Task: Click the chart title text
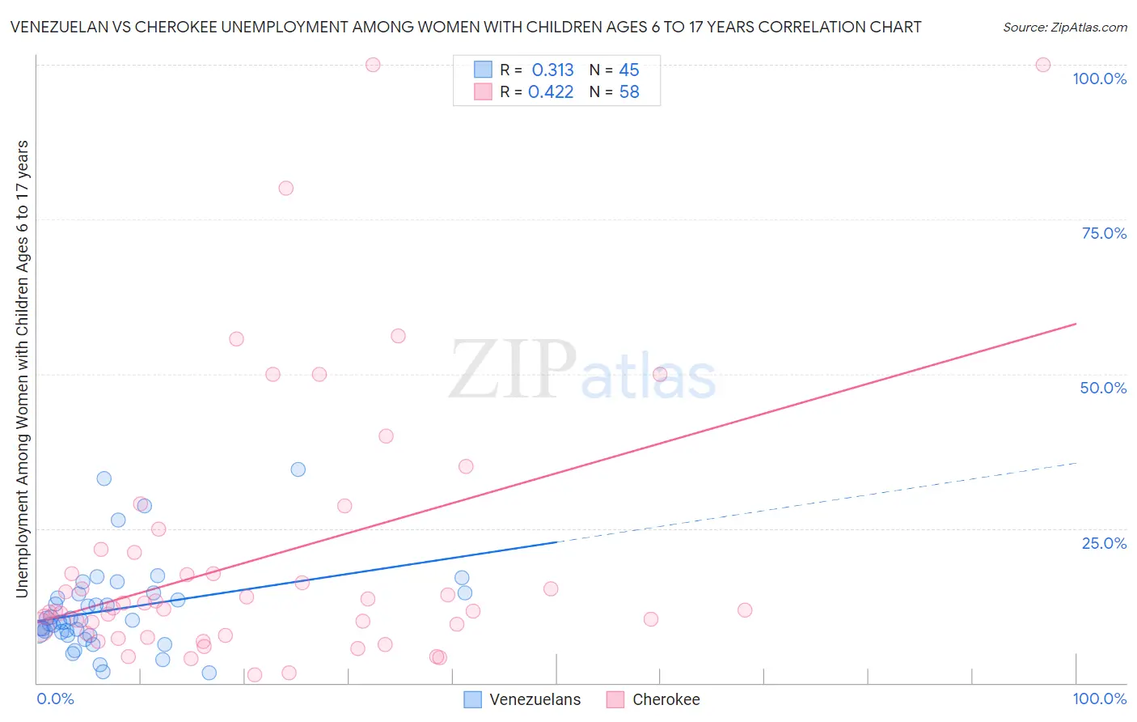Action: tap(465, 27)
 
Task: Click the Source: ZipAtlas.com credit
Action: tap(1064, 27)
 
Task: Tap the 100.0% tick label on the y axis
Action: tap(1099, 79)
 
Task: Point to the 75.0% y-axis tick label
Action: tap(1104, 233)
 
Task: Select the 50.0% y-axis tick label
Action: tap(1103, 388)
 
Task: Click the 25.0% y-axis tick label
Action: tap(1104, 542)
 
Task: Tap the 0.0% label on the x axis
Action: tap(55, 699)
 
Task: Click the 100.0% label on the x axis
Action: tap(1099, 699)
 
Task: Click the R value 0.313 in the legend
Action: tap(552, 70)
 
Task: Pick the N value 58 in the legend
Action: tap(629, 92)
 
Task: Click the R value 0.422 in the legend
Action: tap(551, 92)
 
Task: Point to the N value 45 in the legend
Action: tap(629, 70)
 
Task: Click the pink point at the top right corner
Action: tap(1042, 65)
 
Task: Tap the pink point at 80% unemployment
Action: tap(285, 188)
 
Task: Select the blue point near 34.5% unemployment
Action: tap(298, 469)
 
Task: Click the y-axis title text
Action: tap(22, 368)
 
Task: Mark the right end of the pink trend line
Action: tap(1076, 324)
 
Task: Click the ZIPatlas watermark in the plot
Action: tap(582, 370)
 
